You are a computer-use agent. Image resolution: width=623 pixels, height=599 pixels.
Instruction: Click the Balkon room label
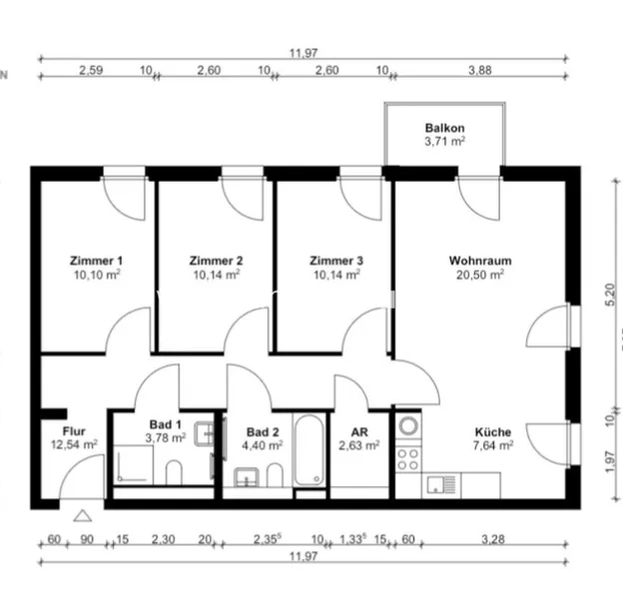tap(444, 128)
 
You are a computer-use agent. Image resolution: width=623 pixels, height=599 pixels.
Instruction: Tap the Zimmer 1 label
tap(96, 261)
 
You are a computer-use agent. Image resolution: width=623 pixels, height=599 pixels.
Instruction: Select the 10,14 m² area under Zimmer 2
tap(217, 275)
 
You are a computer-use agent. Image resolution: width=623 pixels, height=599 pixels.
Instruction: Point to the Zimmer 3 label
tap(336, 261)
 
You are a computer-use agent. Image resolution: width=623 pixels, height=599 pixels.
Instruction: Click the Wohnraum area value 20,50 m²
tap(480, 275)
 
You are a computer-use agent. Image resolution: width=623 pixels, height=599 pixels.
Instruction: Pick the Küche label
tap(493, 431)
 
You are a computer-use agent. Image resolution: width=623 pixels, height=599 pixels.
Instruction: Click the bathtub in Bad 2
tap(310, 449)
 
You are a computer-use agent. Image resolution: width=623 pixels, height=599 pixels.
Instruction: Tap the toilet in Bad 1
tap(174, 472)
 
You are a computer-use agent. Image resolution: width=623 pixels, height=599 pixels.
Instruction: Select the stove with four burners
tap(408, 459)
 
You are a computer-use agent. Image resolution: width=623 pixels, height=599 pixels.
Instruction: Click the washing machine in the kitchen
tap(408, 426)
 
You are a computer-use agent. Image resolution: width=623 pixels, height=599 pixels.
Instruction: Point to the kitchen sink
tap(441, 485)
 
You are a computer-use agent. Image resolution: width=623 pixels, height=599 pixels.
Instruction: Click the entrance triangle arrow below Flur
tap(83, 515)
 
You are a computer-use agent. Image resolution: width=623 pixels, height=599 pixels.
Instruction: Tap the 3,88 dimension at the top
tap(480, 70)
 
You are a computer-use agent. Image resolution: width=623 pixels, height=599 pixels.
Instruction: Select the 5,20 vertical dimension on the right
tap(610, 295)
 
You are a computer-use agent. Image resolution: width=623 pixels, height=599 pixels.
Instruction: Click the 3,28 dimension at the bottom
tap(493, 539)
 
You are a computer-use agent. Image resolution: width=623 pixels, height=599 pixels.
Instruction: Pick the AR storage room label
tap(359, 431)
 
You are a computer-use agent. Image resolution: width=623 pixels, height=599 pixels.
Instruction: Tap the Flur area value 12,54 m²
tap(74, 444)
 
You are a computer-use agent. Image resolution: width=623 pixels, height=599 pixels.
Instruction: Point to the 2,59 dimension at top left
tap(91, 70)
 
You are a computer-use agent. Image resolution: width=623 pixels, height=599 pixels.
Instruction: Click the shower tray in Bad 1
tap(134, 464)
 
